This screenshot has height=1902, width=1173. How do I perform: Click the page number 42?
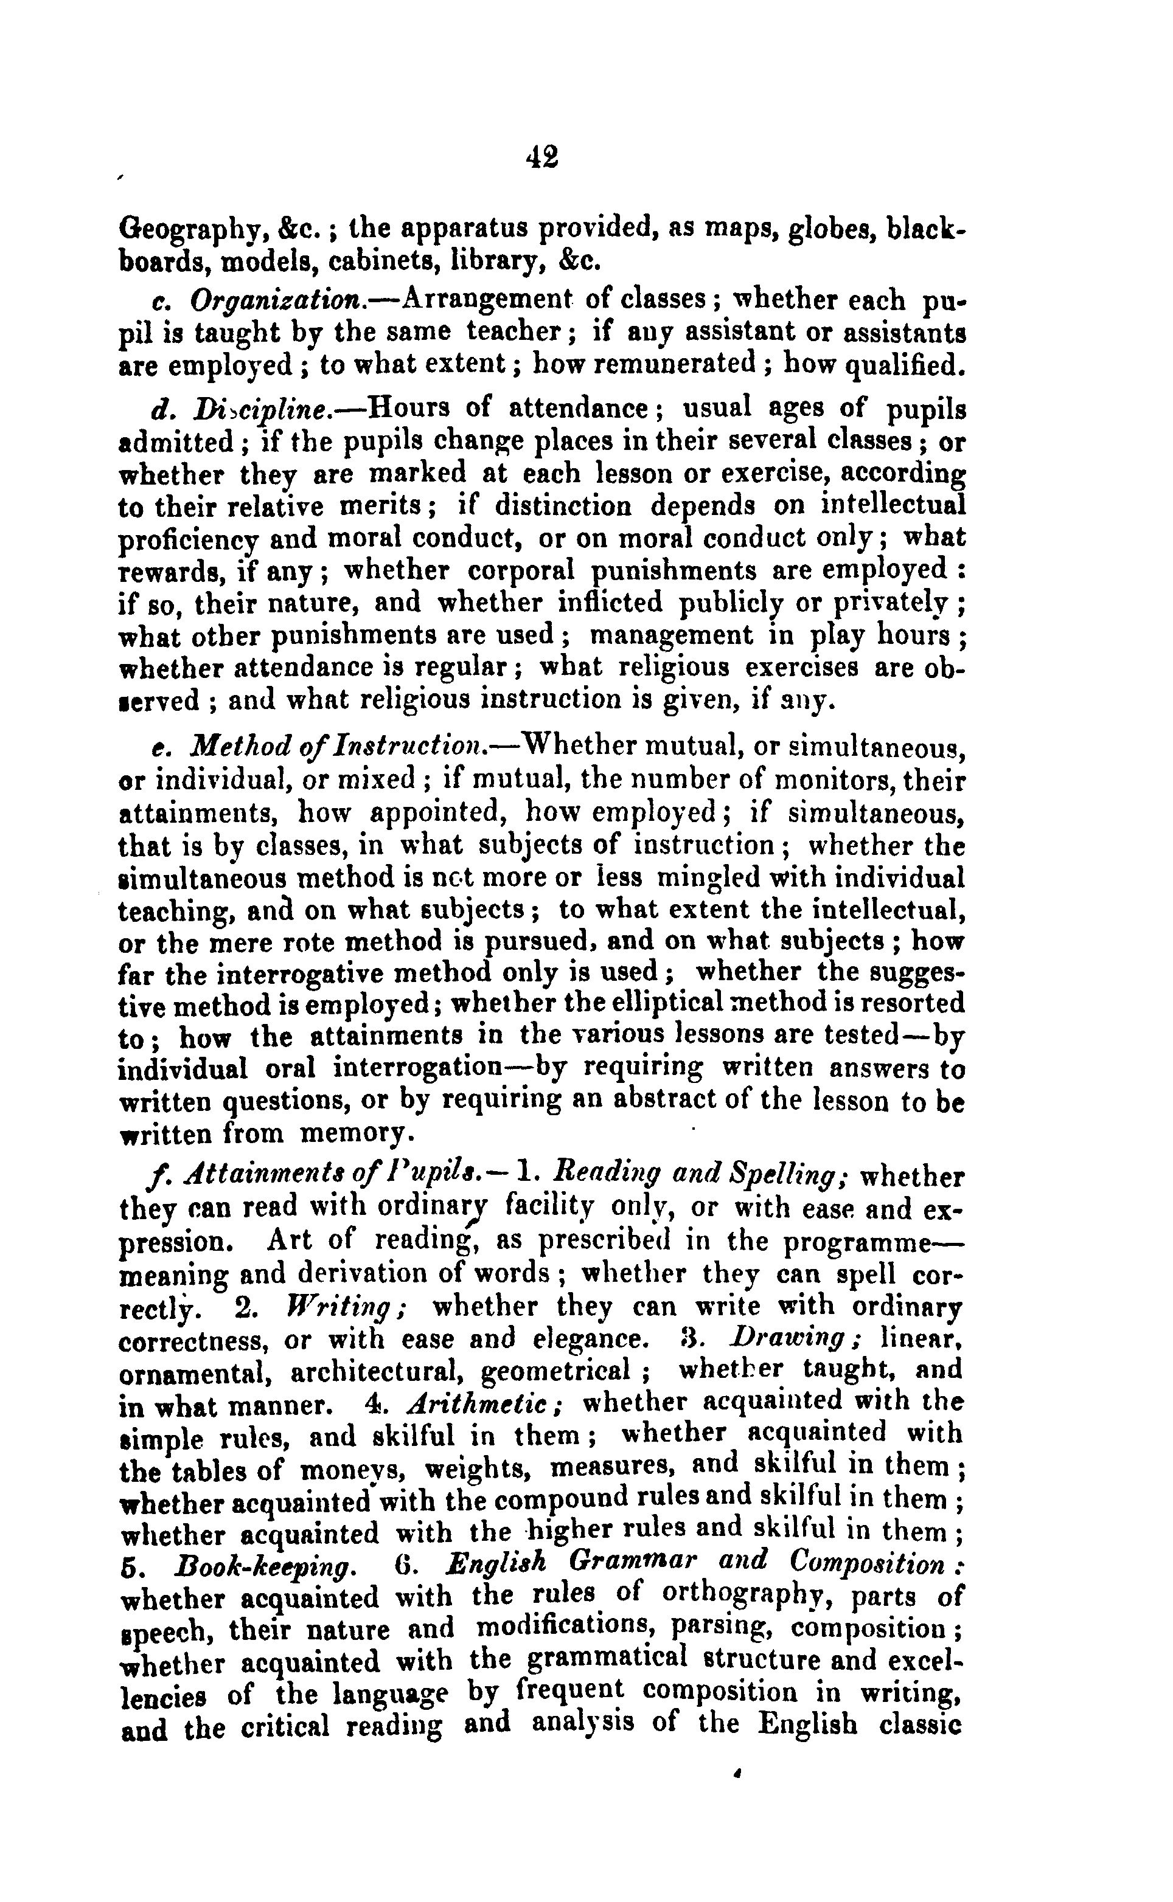541,157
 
